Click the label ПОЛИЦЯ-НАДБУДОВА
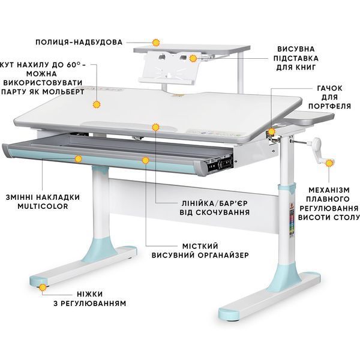(x=79, y=42)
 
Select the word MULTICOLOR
(x=43, y=206)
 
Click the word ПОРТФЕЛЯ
(x=329, y=106)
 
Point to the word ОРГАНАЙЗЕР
(x=223, y=255)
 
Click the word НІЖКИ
(x=90, y=294)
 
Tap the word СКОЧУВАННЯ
(x=221, y=212)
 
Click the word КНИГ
(x=305, y=67)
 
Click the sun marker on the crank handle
(x=329, y=163)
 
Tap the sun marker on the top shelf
(x=156, y=43)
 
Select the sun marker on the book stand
(x=193, y=58)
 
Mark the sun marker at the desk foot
(x=43, y=287)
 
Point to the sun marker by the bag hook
(x=272, y=131)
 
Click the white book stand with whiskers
(x=170, y=67)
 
